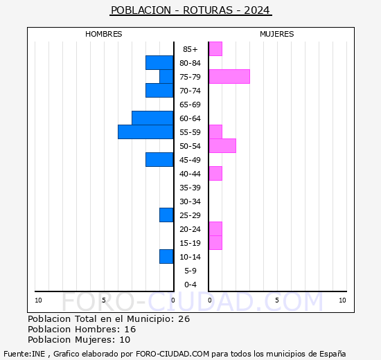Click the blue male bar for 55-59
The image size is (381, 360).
point(145,132)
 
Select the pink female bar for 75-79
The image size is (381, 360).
point(229,76)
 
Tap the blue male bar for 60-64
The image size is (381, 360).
point(152,118)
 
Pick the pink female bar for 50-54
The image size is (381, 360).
point(222,145)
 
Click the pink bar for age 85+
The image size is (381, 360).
point(215,48)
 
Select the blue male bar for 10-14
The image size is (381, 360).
point(166,256)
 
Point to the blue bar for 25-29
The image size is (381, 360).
point(166,215)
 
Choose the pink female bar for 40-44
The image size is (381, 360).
point(215,173)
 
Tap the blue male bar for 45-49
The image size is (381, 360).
point(159,159)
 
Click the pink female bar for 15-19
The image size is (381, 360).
point(215,242)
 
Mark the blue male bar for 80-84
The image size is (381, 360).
point(159,62)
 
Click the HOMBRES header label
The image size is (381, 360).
point(104,34)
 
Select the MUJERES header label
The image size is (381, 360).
point(276,34)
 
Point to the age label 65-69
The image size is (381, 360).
point(190,105)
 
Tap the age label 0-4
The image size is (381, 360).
point(190,285)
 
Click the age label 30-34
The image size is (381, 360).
point(190,201)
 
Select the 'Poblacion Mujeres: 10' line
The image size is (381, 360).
point(79,339)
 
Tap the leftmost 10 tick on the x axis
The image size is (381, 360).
point(38,300)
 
